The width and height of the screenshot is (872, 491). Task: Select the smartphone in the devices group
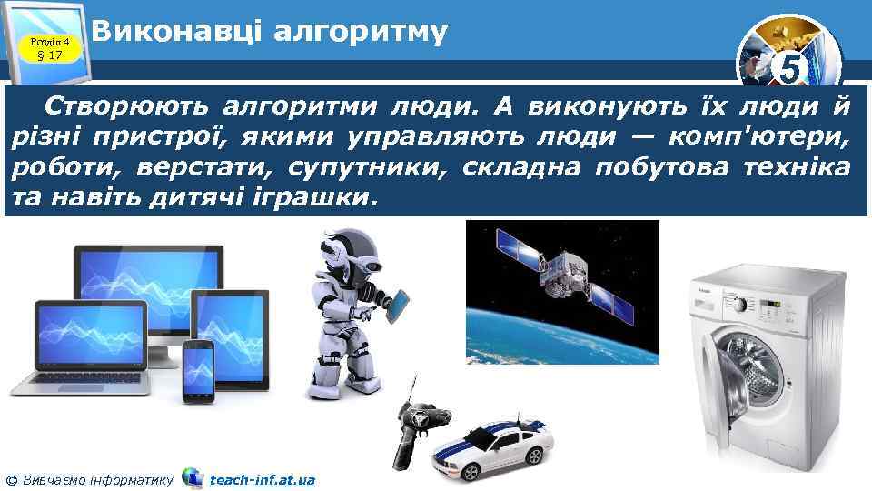(198, 371)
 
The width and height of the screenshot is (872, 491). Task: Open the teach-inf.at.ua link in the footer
(262, 478)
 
